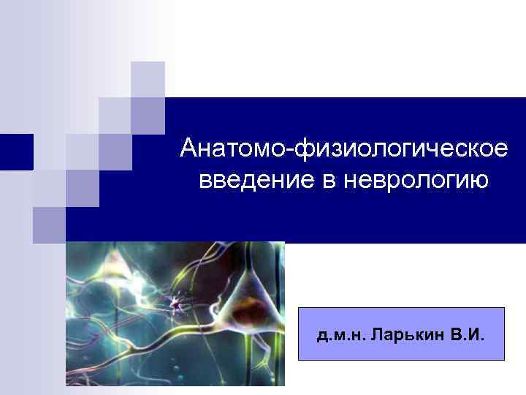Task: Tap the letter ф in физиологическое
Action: click(x=306, y=148)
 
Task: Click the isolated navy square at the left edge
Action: click(x=15, y=152)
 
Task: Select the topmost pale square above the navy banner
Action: click(x=148, y=79)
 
